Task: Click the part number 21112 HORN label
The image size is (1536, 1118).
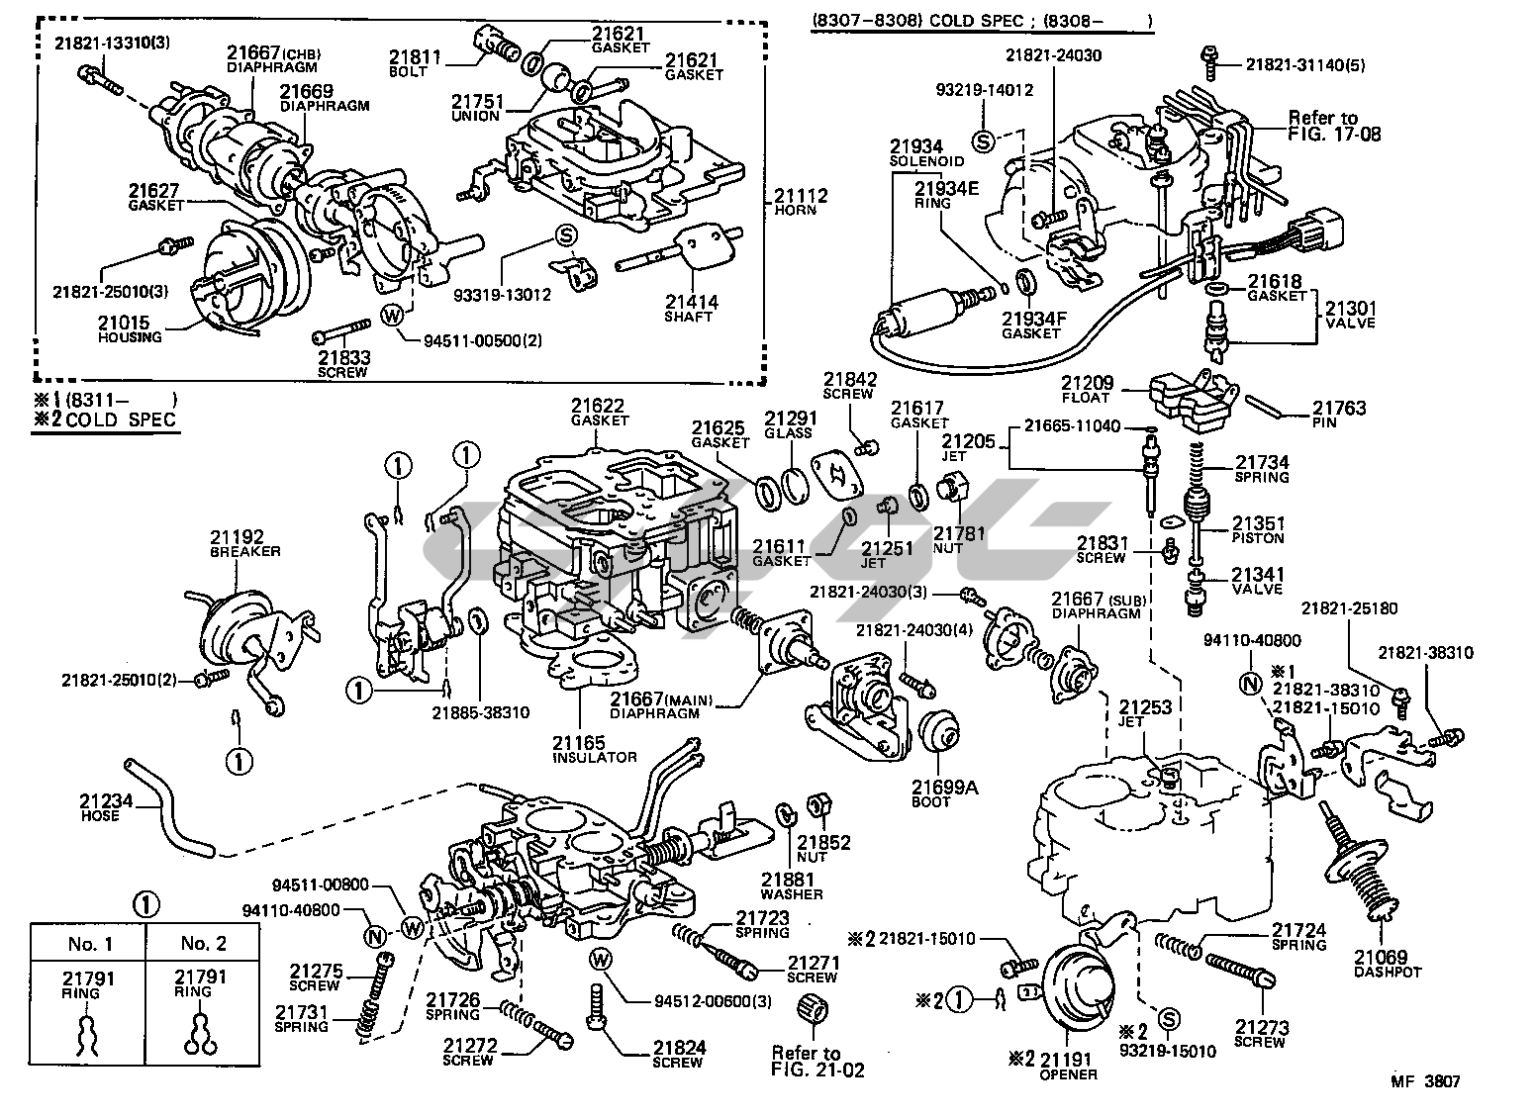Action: coord(801,202)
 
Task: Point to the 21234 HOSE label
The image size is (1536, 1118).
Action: coord(101,808)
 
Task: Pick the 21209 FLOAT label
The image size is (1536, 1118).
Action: coord(1087,389)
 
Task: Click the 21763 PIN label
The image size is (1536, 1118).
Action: coord(1339,414)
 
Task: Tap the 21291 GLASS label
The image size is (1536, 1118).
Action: coord(789,423)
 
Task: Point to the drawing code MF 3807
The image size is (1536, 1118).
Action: coord(1424,1082)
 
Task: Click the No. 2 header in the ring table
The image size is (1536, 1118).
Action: coord(203,943)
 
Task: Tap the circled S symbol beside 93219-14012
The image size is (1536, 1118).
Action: coord(983,140)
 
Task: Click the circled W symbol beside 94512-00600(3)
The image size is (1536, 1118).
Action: coord(599,959)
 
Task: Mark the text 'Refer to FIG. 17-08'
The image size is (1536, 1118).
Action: coord(1333,126)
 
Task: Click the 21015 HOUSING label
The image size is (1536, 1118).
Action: coord(130,328)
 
